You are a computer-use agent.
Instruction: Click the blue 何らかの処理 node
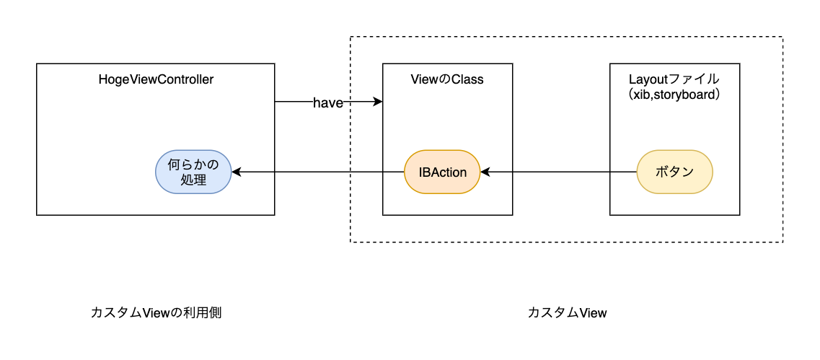(x=193, y=172)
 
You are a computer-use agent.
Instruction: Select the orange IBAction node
(x=443, y=172)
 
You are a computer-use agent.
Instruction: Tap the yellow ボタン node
(x=674, y=172)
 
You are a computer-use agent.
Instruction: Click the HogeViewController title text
(x=156, y=80)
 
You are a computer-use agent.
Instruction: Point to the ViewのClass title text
(x=446, y=80)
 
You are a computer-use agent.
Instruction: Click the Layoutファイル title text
(x=674, y=79)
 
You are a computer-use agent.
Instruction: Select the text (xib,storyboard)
(x=674, y=95)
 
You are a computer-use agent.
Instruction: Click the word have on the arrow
(x=328, y=103)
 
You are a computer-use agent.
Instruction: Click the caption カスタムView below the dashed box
(x=567, y=312)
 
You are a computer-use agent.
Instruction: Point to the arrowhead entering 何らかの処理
(x=235, y=172)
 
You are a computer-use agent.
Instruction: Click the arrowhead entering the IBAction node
(x=485, y=172)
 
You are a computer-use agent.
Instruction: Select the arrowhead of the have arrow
(x=378, y=102)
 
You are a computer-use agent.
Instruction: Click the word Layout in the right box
(x=646, y=79)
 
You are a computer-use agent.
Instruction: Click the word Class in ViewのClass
(x=467, y=80)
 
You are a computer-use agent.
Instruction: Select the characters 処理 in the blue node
(x=193, y=180)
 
